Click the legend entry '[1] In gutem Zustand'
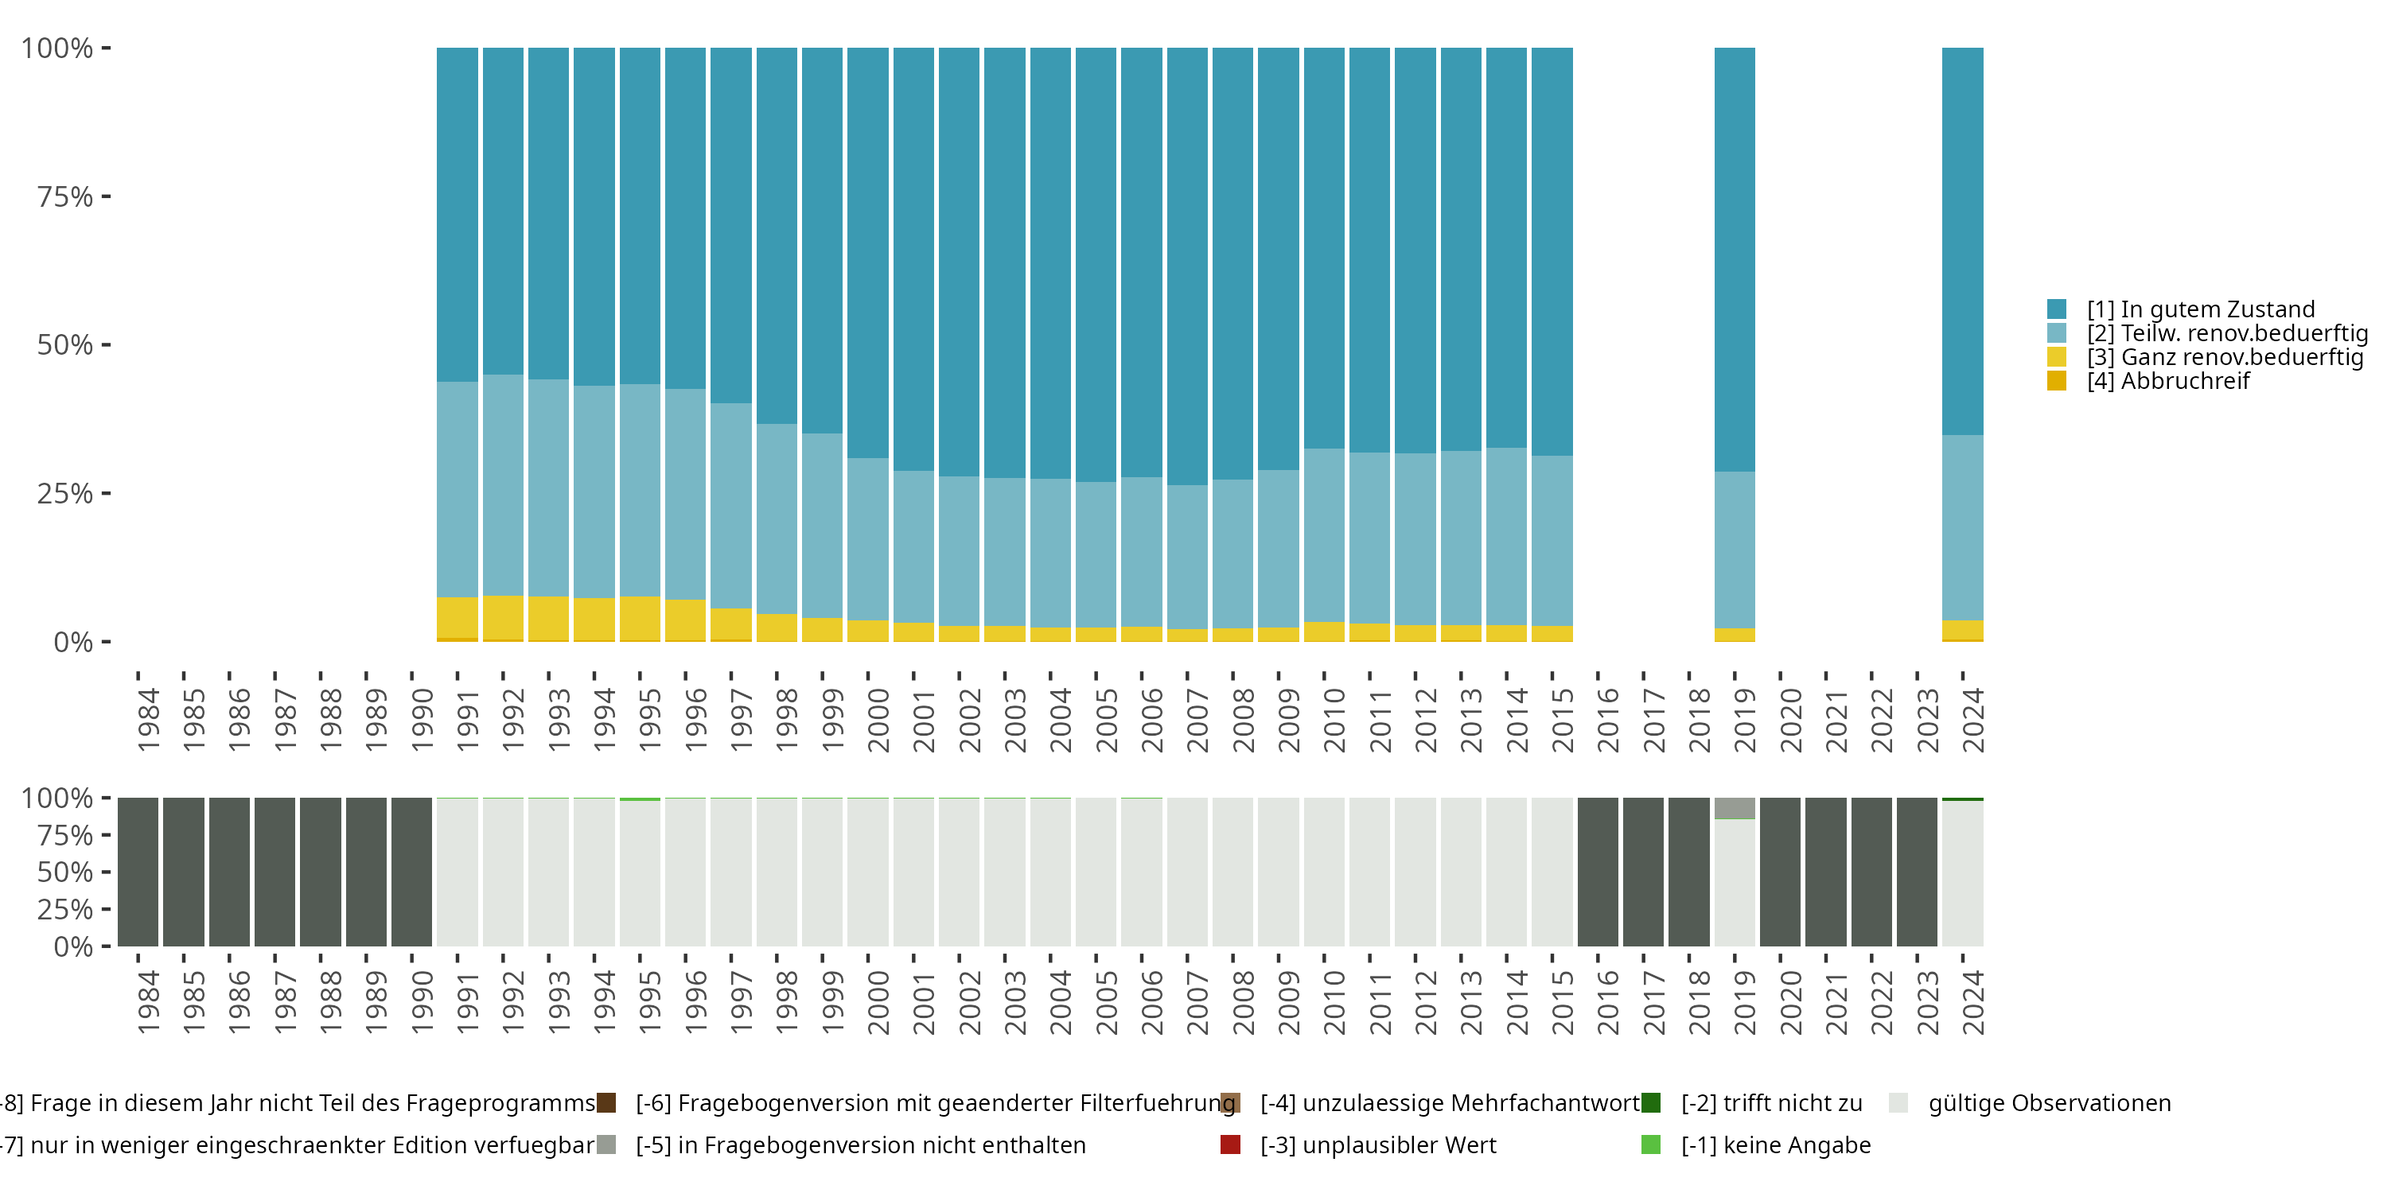pyautogui.click(x=2200, y=309)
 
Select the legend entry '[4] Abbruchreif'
pyautogui.click(x=2167, y=381)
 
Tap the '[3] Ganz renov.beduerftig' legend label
pyautogui.click(x=2225, y=356)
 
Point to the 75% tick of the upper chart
pyautogui.click(x=106, y=196)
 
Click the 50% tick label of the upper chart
pyautogui.click(x=65, y=345)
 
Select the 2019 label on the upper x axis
pyautogui.click(x=1745, y=720)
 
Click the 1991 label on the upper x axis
pyautogui.click(x=468, y=720)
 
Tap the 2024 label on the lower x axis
pyautogui.click(x=1972, y=1002)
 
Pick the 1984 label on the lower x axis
pyautogui.click(x=148, y=1002)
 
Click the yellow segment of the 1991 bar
pyautogui.click(x=457, y=618)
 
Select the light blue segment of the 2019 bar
pyautogui.click(x=1735, y=550)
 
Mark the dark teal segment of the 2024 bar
pyautogui.click(x=1963, y=241)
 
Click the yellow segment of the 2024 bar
pyautogui.click(x=1963, y=630)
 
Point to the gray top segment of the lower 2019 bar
pyautogui.click(x=1735, y=808)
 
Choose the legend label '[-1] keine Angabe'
pyautogui.click(x=1775, y=1144)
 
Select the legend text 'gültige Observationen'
pyautogui.click(x=2049, y=1103)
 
